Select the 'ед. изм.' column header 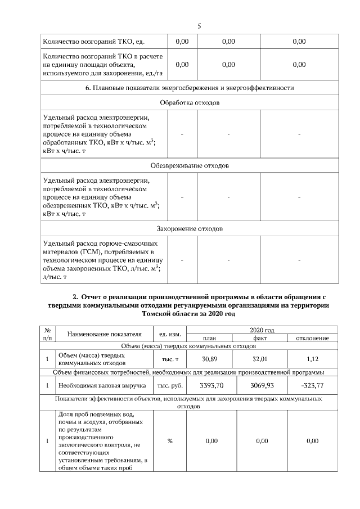click(169, 334)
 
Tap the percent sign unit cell click(170, 441)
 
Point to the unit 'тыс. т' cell click(170, 359)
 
